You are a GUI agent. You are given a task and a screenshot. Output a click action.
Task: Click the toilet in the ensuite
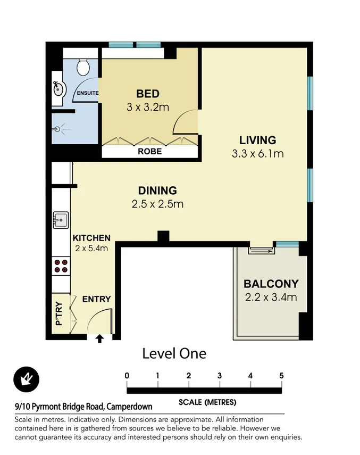click(82, 67)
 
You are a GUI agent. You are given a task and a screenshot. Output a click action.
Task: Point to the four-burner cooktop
click(61, 265)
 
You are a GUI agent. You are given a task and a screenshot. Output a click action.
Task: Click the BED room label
click(148, 94)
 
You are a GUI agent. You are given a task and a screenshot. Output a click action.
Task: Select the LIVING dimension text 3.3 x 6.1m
click(257, 154)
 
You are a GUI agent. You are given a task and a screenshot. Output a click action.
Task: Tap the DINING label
click(157, 191)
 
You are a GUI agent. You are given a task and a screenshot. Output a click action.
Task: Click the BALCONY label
click(271, 284)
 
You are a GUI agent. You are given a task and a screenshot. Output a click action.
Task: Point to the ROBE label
click(150, 151)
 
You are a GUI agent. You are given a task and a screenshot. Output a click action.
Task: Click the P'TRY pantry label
click(59, 313)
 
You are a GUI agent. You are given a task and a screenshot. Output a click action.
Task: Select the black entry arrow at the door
click(99, 338)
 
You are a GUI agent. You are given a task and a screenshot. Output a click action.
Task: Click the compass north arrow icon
click(26, 379)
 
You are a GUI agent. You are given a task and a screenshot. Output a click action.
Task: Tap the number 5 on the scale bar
click(281, 376)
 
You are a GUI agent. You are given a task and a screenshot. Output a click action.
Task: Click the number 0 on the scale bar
click(127, 376)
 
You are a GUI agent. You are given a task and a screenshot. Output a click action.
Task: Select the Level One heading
click(174, 353)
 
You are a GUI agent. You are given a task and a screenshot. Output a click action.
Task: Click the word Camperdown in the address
click(129, 407)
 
